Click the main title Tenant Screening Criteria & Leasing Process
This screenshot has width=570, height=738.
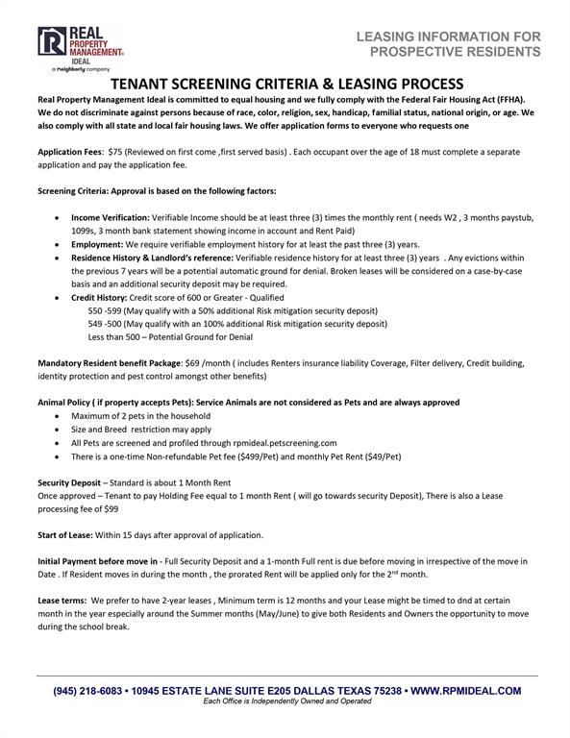(x=285, y=85)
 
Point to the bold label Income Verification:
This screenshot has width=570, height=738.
(x=111, y=218)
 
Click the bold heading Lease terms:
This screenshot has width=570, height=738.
(x=64, y=598)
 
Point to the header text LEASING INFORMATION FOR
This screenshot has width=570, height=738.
(x=448, y=37)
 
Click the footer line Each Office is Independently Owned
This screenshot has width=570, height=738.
(x=285, y=702)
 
